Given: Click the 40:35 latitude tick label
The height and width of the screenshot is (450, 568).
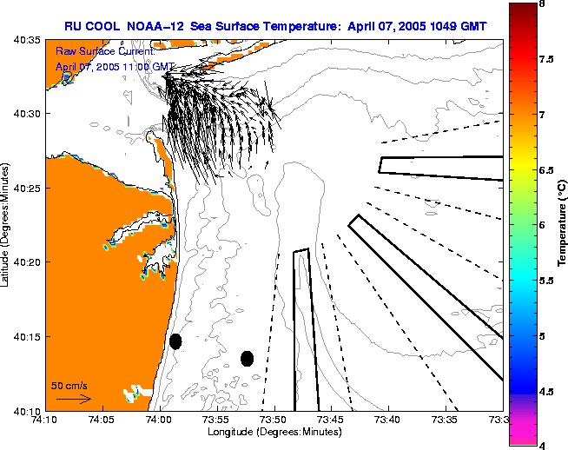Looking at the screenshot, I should (27, 40).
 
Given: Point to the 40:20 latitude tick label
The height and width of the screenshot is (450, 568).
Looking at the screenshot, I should (27, 262).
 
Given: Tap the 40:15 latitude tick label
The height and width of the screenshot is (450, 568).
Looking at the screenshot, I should (27, 336).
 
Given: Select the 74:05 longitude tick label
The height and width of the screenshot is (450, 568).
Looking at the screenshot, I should (102, 419).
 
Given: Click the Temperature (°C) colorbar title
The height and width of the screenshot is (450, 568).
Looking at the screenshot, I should (562, 225).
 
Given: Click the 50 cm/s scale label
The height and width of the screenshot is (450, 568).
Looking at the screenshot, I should (69, 385).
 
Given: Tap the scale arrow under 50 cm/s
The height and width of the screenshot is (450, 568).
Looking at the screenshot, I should (73, 399).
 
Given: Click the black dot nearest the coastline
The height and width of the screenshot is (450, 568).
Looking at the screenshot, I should (175, 341).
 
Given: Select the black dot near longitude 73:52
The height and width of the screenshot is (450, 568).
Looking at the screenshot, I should (247, 358).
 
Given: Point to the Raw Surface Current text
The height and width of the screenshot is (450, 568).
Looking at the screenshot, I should (104, 53).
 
